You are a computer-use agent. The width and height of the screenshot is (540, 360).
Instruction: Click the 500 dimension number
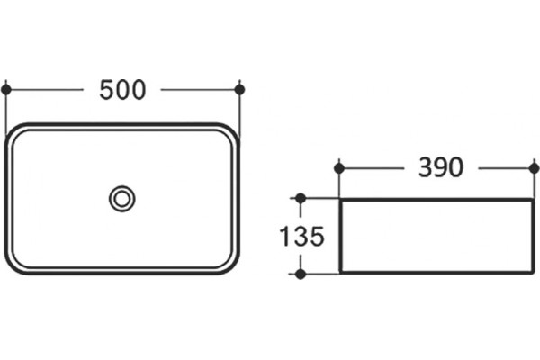pos(122,90)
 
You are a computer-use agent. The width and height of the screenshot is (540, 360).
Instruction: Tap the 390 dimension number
pos(441,167)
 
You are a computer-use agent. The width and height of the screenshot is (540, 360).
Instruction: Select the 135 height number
pos(302,237)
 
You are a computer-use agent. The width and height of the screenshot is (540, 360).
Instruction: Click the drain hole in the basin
pos(121,199)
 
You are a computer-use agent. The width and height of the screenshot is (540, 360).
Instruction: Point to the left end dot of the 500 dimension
pos(6,90)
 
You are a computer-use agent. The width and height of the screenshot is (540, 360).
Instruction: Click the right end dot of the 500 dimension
pos(239,90)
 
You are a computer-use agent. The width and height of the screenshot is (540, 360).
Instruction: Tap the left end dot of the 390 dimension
pos(339,168)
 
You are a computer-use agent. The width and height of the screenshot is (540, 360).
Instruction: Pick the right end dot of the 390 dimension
pos(535,168)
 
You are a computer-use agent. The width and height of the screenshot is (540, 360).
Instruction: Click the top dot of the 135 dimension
pos(301,198)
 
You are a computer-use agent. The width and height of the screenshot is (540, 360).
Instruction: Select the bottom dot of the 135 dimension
pos(301,274)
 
